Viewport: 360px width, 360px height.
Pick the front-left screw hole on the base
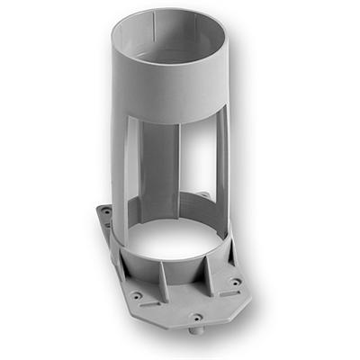pyautogui.click(x=136, y=294)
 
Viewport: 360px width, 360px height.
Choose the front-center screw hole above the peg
pyautogui.click(x=195, y=316)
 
